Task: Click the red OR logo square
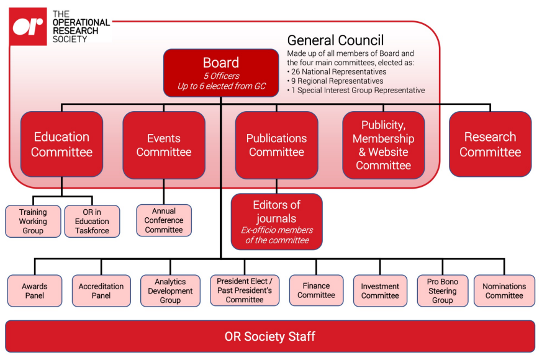click(x=29, y=26)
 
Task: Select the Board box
click(x=221, y=73)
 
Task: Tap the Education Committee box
click(x=61, y=144)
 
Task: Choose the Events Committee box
click(x=164, y=145)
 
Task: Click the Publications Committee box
click(x=276, y=145)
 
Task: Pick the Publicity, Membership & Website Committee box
click(x=383, y=145)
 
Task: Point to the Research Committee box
click(x=490, y=144)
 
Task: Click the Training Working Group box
click(x=33, y=221)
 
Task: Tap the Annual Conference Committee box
click(x=164, y=220)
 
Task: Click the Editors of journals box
click(x=276, y=222)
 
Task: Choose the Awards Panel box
click(x=35, y=290)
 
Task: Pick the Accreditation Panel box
click(x=101, y=290)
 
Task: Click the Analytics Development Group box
click(x=170, y=290)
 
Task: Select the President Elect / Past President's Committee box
click(x=245, y=290)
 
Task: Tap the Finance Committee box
click(x=316, y=290)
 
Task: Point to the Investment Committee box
click(x=380, y=290)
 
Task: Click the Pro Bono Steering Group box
click(x=442, y=290)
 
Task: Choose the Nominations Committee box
click(x=504, y=290)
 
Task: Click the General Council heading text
click(x=335, y=41)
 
